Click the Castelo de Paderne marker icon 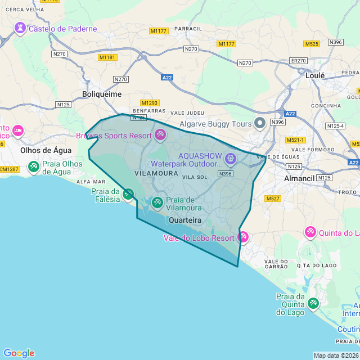point(21,28)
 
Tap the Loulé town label point(315,75)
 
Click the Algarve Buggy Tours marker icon point(260,123)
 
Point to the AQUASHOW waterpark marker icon point(230,159)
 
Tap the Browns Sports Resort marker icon point(161,135)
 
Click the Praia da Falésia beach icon point(128,195)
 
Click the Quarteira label point(185,220)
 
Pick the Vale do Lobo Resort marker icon point(243,237)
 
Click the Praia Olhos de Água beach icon point(34,166)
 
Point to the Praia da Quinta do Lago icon point(313,303)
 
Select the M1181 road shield point(107,57)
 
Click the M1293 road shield point(150,103)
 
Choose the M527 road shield point(273,199)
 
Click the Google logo point(19,353)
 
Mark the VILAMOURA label point(156,174)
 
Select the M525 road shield point(311,43)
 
